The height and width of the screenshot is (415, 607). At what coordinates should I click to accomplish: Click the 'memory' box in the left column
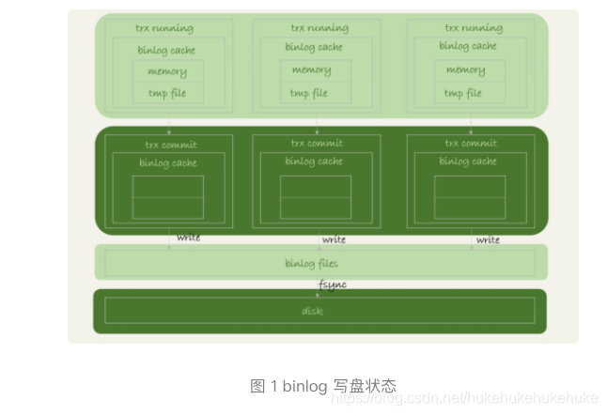(x=167, y=71)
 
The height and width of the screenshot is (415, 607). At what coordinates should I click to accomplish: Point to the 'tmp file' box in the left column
(x=167, y=93)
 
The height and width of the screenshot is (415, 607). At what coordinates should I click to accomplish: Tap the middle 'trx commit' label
(x=317, y=144)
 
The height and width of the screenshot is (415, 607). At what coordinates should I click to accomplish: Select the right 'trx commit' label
(x=471, y=144)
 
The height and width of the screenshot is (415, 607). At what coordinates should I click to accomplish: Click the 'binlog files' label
(x=313, y=263)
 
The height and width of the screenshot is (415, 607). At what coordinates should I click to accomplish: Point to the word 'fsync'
(x=333, y=284)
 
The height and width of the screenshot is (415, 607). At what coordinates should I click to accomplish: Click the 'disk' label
(x=312, y=311)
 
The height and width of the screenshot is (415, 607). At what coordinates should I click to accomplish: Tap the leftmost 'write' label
(x=188, y=238)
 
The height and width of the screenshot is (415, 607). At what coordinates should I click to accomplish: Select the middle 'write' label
(x=335, y=239)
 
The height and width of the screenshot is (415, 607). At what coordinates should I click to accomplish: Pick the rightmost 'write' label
(x=488, y=239)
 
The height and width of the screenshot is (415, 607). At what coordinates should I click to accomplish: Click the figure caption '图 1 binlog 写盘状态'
(x=323, y=386)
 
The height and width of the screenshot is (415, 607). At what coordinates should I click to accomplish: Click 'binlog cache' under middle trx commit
(x=314, y=161)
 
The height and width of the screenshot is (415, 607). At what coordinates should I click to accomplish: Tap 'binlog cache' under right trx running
(x=468, y=45)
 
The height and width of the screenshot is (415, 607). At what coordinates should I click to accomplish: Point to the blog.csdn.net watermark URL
(x=465, y=398)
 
